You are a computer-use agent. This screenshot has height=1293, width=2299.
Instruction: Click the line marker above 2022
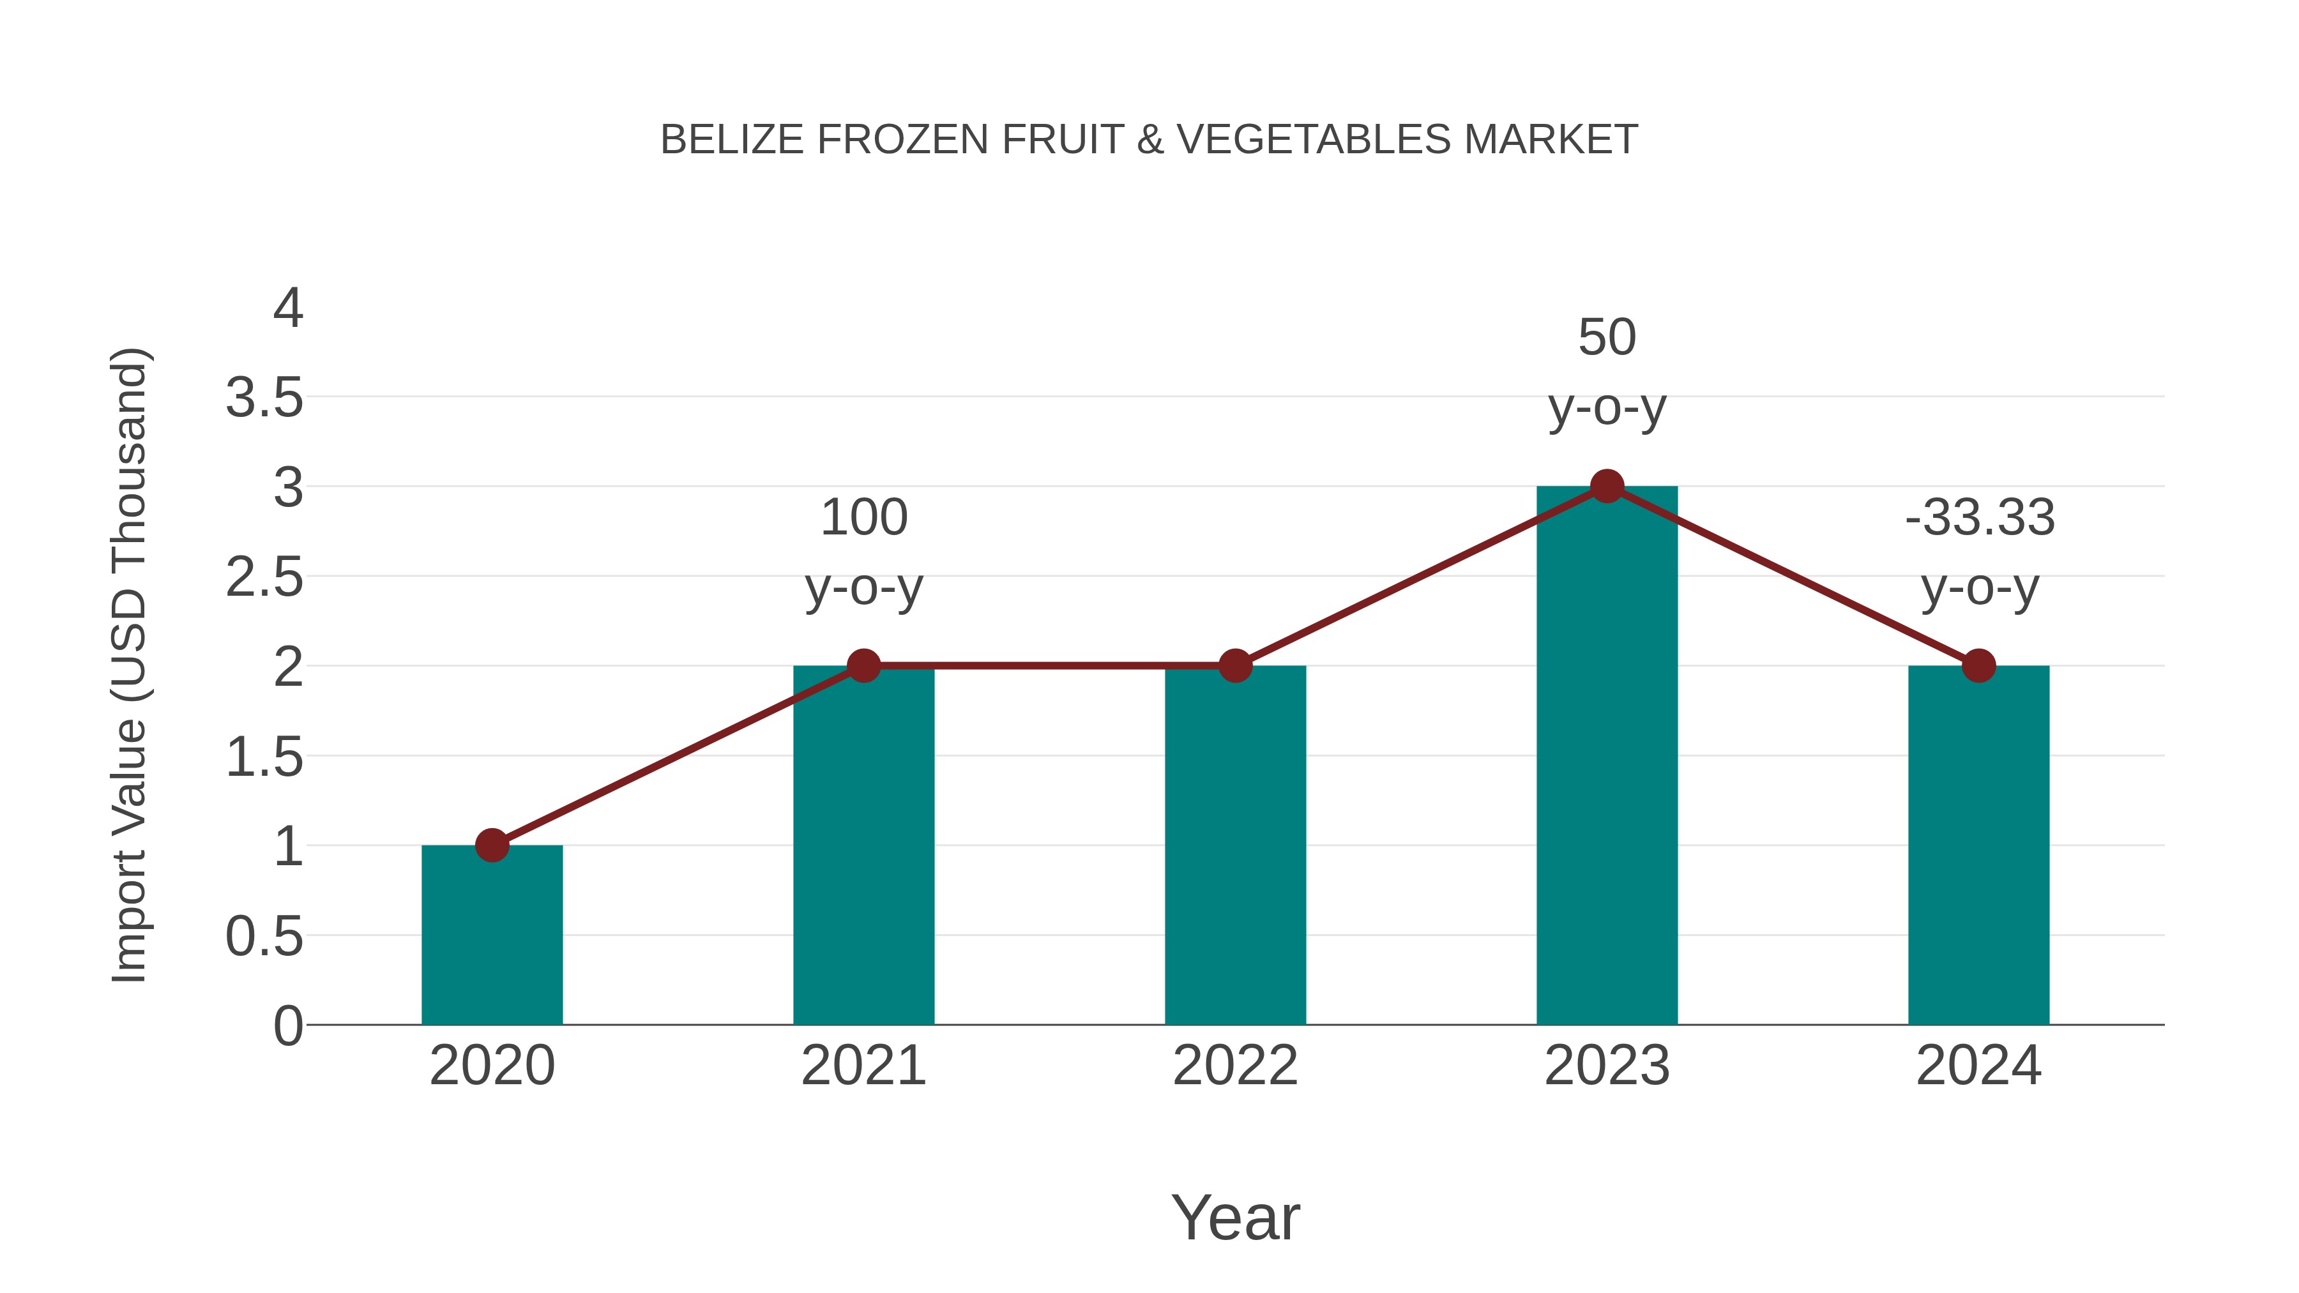(x=1235, y=666)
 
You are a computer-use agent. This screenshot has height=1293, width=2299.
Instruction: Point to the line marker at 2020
(x=492, y=845)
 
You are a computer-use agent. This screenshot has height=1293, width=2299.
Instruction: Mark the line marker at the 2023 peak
(x=1607, y=487)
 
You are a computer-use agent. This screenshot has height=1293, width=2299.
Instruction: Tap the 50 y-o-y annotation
(x=1607, y=372)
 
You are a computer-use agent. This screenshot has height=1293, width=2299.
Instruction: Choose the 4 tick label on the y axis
(x=287, y=309)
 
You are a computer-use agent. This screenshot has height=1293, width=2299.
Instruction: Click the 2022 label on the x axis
(x=1235, y=1066)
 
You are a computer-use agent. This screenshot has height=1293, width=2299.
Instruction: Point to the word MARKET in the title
(x=1550, y=140)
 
